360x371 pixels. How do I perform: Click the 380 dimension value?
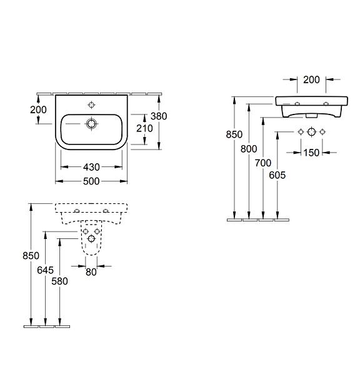pyautogui.click(x=159, y=116)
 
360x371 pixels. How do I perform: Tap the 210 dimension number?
pyautogui.click(x=144, y=128)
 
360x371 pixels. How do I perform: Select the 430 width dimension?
pyautogui.click(x=91, y=167)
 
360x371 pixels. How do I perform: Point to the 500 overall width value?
pyautogui.click(x=91, y=181)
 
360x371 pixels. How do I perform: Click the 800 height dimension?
pyautogui.click(x=249, y=149)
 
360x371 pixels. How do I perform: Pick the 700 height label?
pyautogui.click(x=263, y=163)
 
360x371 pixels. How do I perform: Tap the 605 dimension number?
pyautogui.click(x=277, y=175)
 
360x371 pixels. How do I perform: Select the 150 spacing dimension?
pyautogui.click(x=311, y=153)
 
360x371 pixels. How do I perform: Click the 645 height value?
pyautogui.click(x=45, y=270)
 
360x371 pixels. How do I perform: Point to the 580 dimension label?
pyautogui.click(x=59, y=281)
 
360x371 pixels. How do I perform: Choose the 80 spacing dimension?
pyautogui.click(x=91, y=272)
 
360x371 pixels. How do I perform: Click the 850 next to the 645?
pyautogui.click(x=31, y=256)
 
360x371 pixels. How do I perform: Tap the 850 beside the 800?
pyautogui.click(x=234, y=135)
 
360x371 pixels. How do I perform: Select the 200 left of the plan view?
pyautogui.click(x=38, y=109)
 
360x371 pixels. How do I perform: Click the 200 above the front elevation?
pyautogui.click(x=311, y=79)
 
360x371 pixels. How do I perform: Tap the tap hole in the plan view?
pyautogui.click(x=91, y=105)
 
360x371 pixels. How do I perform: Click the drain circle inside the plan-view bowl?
pyautogui.click(x=91, y=124)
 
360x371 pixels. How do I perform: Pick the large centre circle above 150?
pyautogui.click(x=311, y=131)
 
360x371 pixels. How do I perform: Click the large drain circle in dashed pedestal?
pyautogui.click(x=91, y=238)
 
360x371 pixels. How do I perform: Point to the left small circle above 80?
pyautogui.click(x=86, y=231)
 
